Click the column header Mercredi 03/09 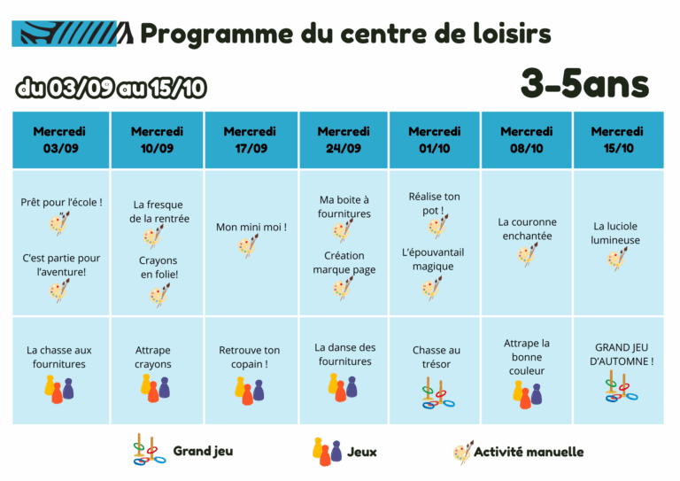(x=61, y=140)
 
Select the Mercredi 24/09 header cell (x=344, y=140)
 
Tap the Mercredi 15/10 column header (x=618, y=140)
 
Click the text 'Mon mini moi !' (x=251, y=227)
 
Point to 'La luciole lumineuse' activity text (x=615, y=233)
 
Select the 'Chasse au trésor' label (x=437, y=357)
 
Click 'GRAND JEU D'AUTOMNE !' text (x=622, y=354)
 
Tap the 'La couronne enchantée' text (x=528, y=229)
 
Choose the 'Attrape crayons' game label (x=152, y=357)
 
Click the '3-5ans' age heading (x=584, y=83)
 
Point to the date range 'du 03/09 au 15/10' (x=111, y=88)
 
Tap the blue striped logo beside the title (x=73, y=33)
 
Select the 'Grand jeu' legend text (x=203, y=451)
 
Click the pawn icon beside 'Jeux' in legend (x=327, y=452)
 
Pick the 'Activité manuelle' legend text (x=529, y=452)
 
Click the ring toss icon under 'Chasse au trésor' (x=437, y=393)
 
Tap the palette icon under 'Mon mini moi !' (x=248, y=245)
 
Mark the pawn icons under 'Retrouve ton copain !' (x=250, y=391)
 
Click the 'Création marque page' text (x=344, y=262)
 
